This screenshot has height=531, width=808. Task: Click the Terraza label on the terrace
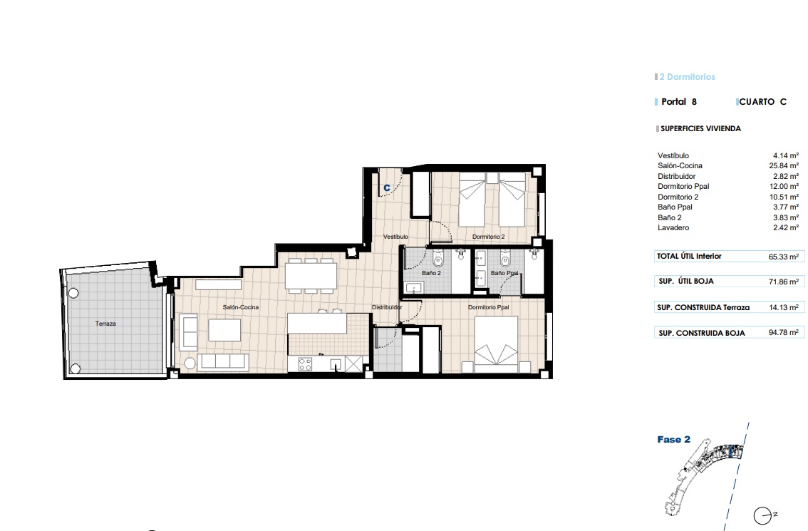coord(105,324)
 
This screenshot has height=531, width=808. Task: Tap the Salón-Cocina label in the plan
coord(241,307)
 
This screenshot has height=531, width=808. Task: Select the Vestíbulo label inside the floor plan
coord(395,237)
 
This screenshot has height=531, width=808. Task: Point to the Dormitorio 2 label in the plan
coord(489,237)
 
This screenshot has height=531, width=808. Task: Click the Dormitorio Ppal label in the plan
coord(489,307)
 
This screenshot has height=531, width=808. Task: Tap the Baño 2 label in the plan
coord(431,273)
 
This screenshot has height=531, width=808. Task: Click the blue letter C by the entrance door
coord(386,188)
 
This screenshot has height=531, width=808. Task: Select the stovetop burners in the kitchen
coord(305,364)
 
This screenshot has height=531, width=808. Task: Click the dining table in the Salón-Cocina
coord(311,277)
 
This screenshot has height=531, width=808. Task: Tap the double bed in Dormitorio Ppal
coord(496,344)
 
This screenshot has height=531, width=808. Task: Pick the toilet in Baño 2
coord(438,258)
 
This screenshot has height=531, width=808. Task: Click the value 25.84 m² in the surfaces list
coord(784,166)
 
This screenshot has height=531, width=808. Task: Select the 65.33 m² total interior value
coord(784,257)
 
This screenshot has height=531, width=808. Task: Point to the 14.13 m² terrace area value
coord(784,307)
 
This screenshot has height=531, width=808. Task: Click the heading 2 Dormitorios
coord(688,77)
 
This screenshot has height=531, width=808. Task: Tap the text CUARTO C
coord(763,102)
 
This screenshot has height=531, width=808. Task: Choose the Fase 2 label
coord(673,440)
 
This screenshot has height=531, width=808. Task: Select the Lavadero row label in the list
coord(673,228)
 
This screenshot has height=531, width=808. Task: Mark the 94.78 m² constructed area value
coord(784,333)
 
